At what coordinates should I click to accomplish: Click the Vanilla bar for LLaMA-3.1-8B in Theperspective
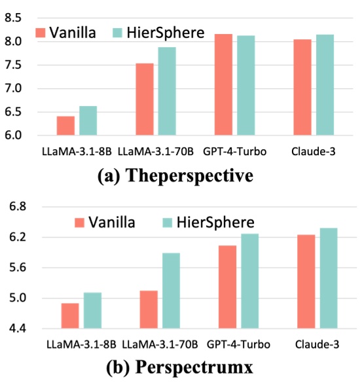tap(65, 126)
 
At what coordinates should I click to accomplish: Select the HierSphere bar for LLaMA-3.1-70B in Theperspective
tap(166, 92)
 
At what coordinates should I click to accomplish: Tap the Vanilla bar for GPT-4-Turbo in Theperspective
tap(224, 85)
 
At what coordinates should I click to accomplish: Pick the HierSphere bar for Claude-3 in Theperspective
tap(325, 85)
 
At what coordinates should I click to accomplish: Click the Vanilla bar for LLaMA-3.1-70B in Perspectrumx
tap(149, 310)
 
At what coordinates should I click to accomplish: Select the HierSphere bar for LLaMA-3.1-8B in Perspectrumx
tap(92, 310)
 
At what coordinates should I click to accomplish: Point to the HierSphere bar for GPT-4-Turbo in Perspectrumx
tap(250, 281)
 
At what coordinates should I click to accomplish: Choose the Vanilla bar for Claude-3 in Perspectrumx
tap(306, 281)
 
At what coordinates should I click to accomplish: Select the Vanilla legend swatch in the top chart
tap(43, 33)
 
